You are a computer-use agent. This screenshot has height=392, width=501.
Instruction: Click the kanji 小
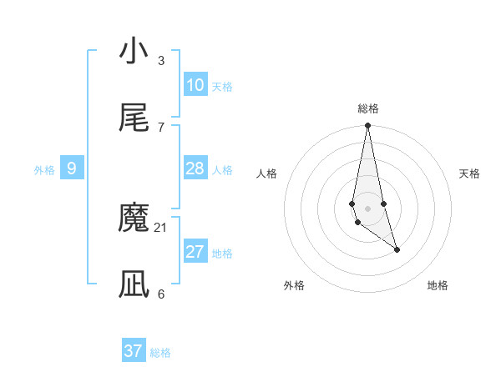tap(134, 52)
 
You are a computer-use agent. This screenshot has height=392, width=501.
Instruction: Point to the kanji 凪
tap(134, 284)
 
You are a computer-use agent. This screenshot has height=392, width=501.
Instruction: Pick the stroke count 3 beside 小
tap(161, 60)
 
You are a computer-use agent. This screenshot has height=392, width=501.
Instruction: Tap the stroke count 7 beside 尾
tap(161, 127)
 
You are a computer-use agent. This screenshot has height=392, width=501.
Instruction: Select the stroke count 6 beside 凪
tap(161, 294)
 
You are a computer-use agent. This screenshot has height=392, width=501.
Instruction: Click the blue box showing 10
tap(195, 85)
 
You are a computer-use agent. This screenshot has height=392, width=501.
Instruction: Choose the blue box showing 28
tap(195, 168)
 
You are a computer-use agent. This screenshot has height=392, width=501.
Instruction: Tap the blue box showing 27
tap(195, 252)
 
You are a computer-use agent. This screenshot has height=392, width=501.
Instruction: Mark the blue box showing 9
tap(72, 168)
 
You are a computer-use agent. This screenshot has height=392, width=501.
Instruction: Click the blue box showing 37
tap(134, 351)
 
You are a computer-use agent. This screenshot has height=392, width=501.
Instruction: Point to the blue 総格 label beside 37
tap(160, 353)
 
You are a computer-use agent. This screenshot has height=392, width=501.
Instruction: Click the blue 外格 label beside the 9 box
tap(44, 170)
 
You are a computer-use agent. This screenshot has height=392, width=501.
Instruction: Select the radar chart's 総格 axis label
tap(368, 108)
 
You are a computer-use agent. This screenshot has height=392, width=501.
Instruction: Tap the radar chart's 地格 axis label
tap(438, 285)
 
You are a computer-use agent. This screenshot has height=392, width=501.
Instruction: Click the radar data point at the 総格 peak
tap(367, 126)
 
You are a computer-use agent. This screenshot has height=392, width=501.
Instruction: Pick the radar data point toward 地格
tap(397, 249)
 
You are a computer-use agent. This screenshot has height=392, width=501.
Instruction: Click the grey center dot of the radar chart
tap(367, 208)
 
